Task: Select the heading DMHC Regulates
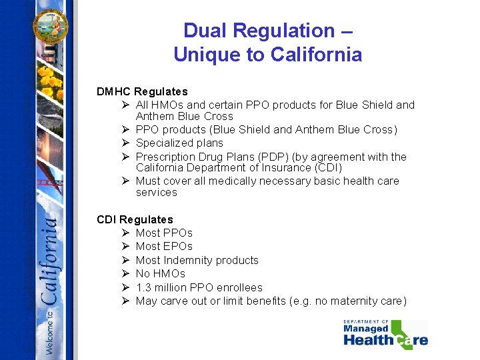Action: (142, 91)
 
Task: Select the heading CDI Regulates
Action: (135, 219)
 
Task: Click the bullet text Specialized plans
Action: (179, 143)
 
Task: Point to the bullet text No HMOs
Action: (160, 273)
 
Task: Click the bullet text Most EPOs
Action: (164, 246)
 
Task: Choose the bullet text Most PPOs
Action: (164, 233)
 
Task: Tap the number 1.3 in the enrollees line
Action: (143, 287)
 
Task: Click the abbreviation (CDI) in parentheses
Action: (326, 167)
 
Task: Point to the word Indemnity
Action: (191, 260)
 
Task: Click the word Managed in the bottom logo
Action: (366, 329)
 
